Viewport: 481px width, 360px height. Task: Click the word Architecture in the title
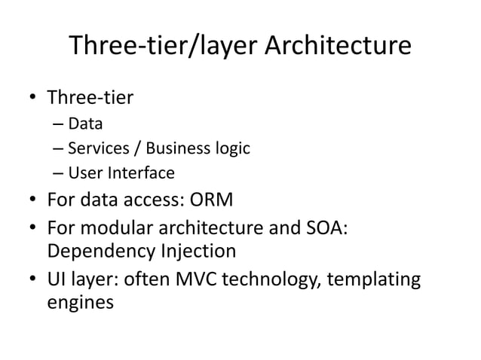coord(338,47)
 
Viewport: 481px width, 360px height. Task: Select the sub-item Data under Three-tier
coord(85,124)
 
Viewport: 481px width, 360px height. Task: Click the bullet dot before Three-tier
coord(33,99)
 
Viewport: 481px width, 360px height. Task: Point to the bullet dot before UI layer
coord(33,279)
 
